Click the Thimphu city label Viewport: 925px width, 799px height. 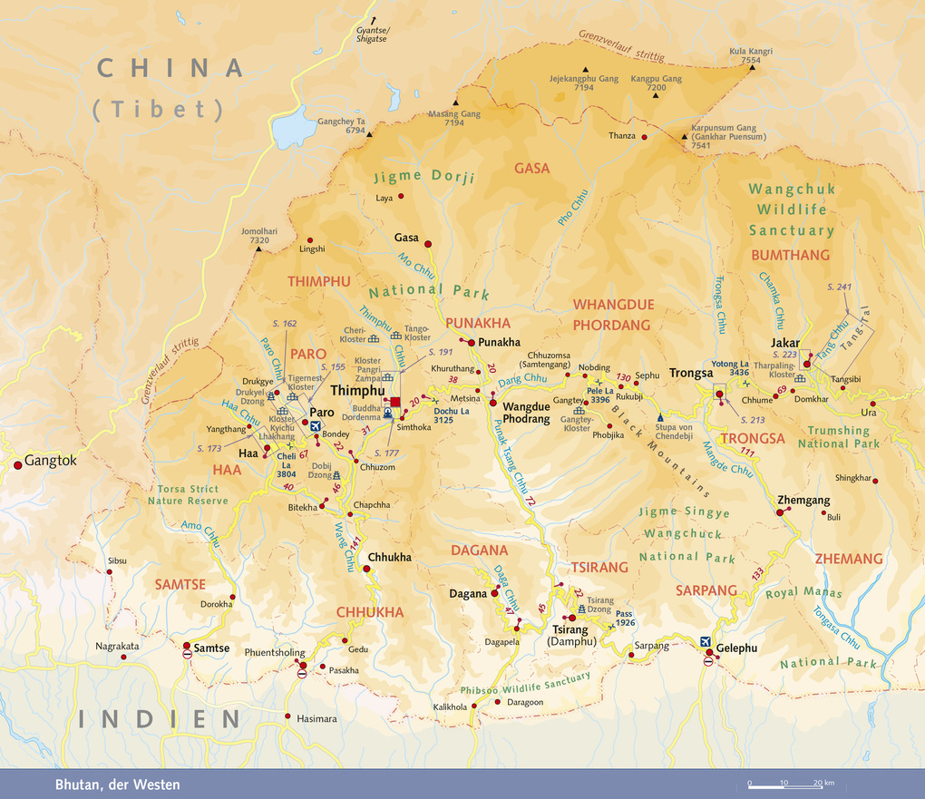tap(358, 391)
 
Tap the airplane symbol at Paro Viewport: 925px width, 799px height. tap(316, 425)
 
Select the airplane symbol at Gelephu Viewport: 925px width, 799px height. tap(708, 643)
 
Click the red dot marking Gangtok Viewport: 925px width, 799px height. tap(17, 464)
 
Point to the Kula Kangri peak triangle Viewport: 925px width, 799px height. tap(750, 71)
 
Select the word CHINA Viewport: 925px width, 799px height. tap(170, 68)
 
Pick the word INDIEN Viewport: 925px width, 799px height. tap(160, 719)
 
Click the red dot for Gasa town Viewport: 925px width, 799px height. tap(427, 243)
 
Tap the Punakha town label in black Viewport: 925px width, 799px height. tap(499, 342)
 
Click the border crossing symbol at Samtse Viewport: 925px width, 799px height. tap(187, 653)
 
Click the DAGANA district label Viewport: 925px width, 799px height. tap(480, 551)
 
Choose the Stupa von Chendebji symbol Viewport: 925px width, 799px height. tap(660, 417)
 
